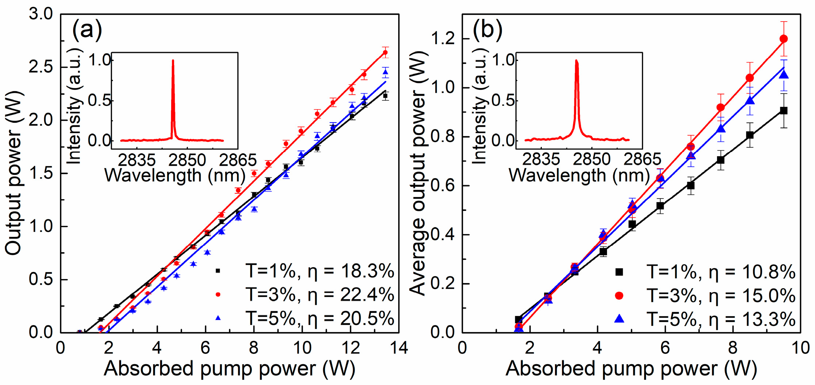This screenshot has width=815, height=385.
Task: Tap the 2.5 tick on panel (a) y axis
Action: [x=41, y=67]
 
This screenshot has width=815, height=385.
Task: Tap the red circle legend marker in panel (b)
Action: [x=619, y=295]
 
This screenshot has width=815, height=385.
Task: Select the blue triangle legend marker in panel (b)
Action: [x=619, y=318]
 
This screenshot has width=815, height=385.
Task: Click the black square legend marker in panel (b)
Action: [x=619, y=272]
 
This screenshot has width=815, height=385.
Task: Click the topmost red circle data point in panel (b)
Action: [x=784, y=39]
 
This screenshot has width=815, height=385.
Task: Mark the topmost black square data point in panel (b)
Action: [x=784, y=110]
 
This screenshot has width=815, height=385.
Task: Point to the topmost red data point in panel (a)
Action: [x=385, y=52]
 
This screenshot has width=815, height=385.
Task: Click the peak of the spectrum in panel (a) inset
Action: [x=173, y=61]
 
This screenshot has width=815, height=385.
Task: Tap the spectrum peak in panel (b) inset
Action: [x=576, y=61]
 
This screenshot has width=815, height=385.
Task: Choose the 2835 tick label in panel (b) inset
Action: [x=541, y=160]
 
